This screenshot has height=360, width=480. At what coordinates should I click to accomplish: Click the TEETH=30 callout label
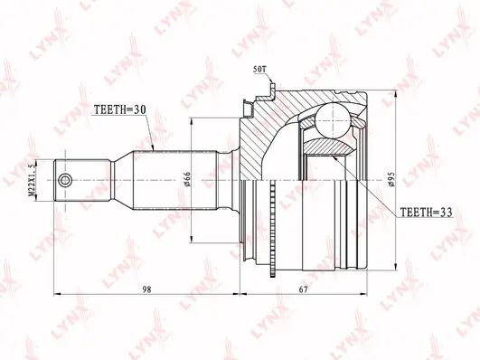tap(119, 109)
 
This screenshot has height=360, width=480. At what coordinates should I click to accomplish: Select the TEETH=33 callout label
tap(426, 212)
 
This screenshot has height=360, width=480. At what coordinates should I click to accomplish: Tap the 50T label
tap(260, 70)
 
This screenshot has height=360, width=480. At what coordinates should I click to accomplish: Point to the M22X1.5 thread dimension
tap(31, 180)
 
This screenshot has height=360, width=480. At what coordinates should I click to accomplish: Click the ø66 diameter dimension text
tap(187, 179)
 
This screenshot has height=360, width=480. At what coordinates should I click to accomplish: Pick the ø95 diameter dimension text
tap(391, 179)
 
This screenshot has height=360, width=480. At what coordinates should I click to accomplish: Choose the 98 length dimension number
tap(147, 289)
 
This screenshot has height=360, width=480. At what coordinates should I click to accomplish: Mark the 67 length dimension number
tap(303, 289)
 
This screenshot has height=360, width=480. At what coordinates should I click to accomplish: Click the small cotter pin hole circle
tap(65, 180)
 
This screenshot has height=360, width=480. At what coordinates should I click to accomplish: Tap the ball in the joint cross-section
tap(333, 120)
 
